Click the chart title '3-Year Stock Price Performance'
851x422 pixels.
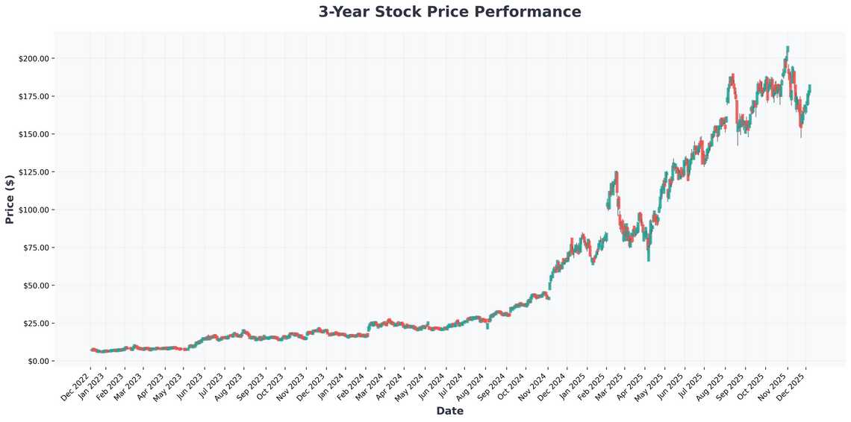[449, 12]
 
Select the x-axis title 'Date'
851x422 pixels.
[449, 411]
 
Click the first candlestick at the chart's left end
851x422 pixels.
[91, 349]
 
